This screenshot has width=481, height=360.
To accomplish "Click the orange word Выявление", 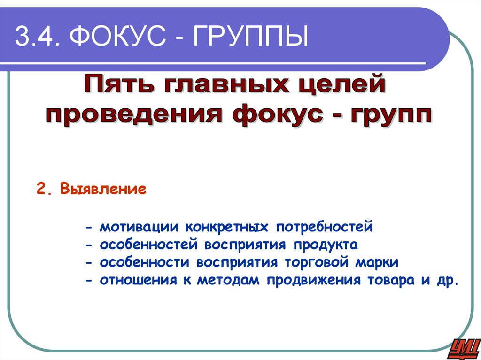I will pyautogui.click(x=104, y=191).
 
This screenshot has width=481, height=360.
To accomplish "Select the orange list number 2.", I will pyautogui.click(x=43, y=191).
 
